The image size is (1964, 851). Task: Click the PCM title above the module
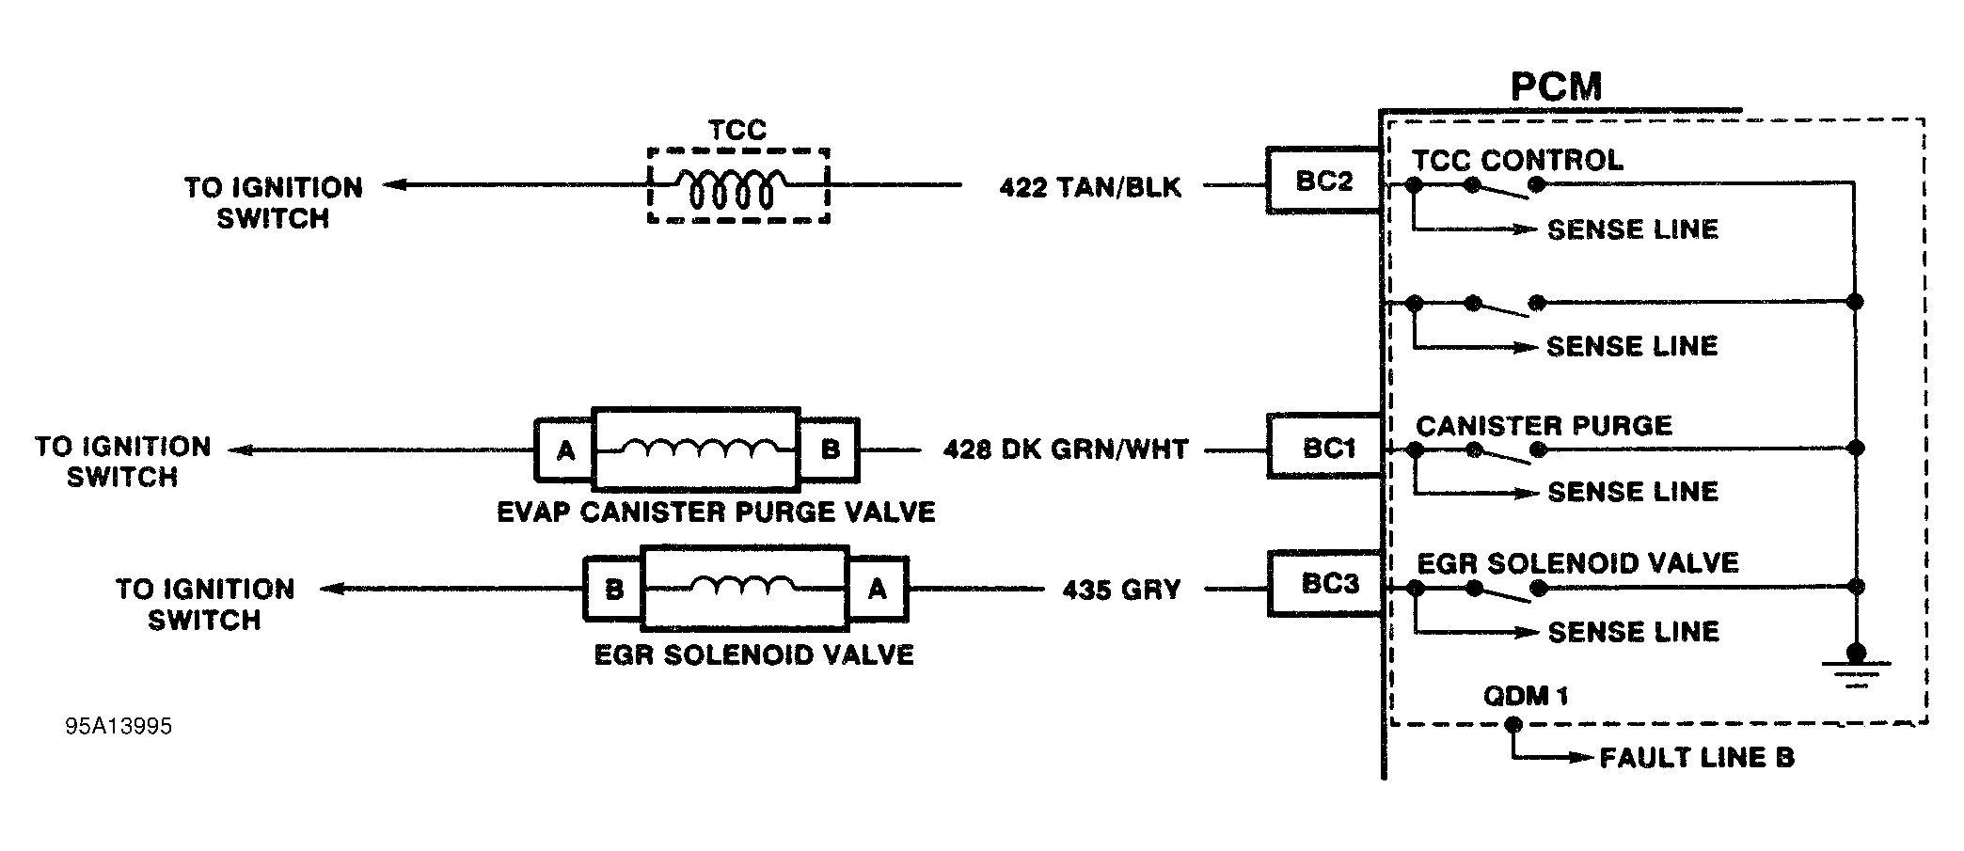[1556, 87]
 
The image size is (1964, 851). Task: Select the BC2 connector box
[1323, 181]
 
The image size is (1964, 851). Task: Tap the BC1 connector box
[1327, 448]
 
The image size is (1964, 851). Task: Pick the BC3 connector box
[1329, 585]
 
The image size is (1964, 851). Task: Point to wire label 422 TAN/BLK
[1089, 187]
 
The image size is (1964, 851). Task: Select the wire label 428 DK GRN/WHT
[1066, 449]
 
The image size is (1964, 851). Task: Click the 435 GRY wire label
[1121, 590]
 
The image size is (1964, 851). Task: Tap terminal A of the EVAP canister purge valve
[564, 450]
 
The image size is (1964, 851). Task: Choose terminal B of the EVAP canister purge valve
[830, 449]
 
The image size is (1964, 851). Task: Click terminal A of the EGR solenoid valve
[877, 590]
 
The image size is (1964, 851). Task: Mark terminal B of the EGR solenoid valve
[613, 590]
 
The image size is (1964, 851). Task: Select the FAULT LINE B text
[1697, 758]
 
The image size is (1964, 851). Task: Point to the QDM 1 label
[1525, 696]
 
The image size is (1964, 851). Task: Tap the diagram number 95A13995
[119, 727]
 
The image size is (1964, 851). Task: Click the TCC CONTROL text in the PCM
[1519, 160]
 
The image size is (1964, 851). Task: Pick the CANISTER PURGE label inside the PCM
[1544, 426]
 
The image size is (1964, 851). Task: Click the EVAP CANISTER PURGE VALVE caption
[716, 512]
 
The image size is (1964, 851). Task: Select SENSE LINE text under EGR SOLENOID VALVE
[1633, 632]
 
